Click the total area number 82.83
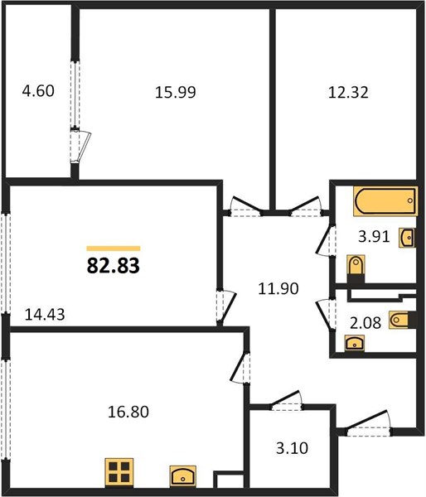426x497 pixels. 114,266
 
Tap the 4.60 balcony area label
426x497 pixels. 38,91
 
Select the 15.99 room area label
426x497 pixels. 176,92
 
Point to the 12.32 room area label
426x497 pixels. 348,93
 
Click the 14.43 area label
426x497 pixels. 45,315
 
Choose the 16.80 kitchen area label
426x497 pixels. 128,412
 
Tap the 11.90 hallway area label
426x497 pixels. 278,289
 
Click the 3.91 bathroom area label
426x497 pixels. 374,236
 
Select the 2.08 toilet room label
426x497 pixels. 365,323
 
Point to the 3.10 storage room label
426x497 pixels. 292,448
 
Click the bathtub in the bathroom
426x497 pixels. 385,201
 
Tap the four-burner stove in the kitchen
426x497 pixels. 119,472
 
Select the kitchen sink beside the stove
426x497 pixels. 182,475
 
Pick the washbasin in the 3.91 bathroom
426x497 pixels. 407,238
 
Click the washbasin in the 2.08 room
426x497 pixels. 355,343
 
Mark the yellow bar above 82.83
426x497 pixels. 114,248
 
